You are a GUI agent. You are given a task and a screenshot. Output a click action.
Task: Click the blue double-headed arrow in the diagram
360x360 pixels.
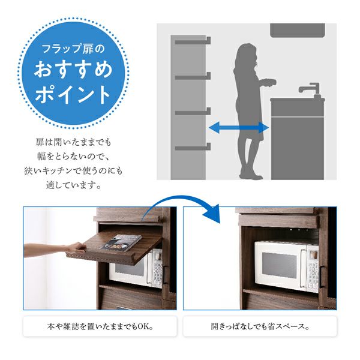pyautogui.click(x=239, y=127)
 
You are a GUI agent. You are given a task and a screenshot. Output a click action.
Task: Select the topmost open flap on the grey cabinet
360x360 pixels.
pyautogui.click(x=193, y=41)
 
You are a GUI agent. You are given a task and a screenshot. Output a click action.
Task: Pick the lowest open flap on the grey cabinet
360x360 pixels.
pyautogui.click(x=193, y=147)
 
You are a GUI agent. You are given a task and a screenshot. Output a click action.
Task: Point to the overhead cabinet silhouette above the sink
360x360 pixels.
pyautogui.click(x=298, y=31)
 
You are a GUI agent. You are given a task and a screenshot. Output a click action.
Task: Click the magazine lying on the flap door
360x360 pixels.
pyautogui.click(x=121, y=242)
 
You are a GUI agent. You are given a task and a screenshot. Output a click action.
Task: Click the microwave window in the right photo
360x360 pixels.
pyautogui.click(x=279, y=265)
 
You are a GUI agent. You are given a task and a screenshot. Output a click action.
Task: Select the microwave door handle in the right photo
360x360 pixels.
pyautogui.click(x=303, y=269)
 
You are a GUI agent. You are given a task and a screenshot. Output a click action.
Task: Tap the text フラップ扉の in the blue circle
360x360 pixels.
pyautogui.click(x=73, y=49)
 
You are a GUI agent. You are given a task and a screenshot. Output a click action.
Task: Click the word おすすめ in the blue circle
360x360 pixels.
pyautogui.click(x=73, y=69)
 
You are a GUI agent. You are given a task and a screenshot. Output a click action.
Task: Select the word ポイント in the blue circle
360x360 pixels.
pyautogui.click(x=73, y=94)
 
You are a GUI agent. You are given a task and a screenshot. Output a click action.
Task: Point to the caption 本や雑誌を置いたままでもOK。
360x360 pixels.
pyautogui.click(x=100, y=326)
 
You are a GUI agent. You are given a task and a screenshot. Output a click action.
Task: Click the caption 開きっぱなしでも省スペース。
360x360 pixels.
pyautogui.click(x=260, y=326)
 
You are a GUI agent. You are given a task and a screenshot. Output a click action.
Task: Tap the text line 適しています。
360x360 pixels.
pyautogui.click(x=73, y=185)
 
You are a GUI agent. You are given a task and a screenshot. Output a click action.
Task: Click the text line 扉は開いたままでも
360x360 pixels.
pyautogui.click(x=73, y=142)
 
